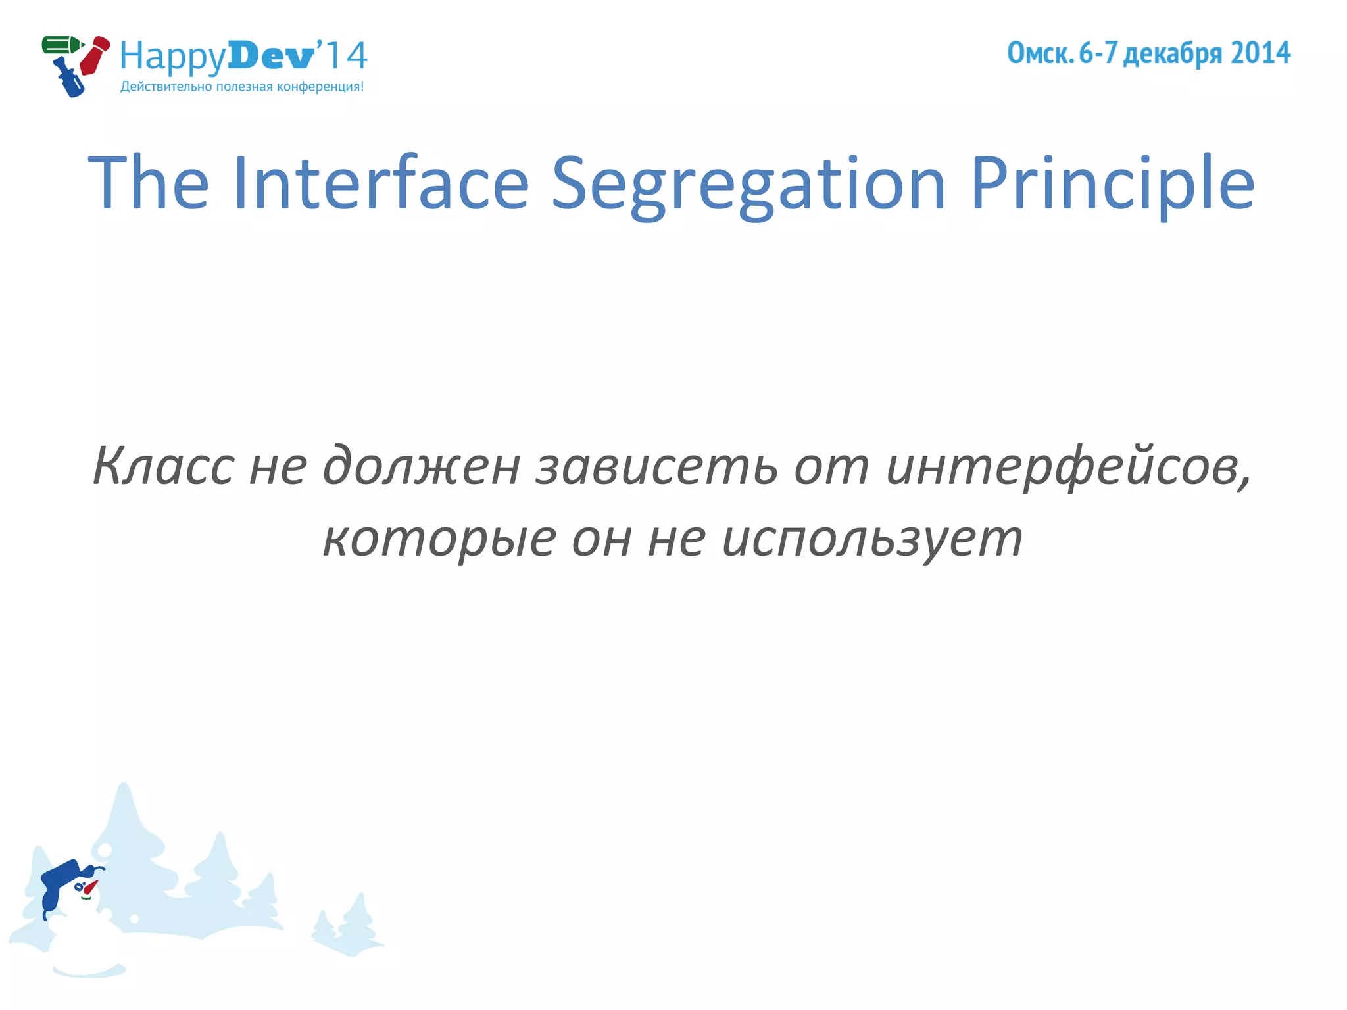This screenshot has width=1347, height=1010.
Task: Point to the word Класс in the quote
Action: point(163,466)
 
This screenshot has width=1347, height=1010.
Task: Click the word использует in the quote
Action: point(872,539)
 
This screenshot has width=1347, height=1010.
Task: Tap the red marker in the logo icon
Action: point(94,56)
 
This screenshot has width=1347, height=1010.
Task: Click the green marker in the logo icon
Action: point(61,45)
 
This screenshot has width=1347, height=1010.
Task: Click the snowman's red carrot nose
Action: point(90,888)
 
